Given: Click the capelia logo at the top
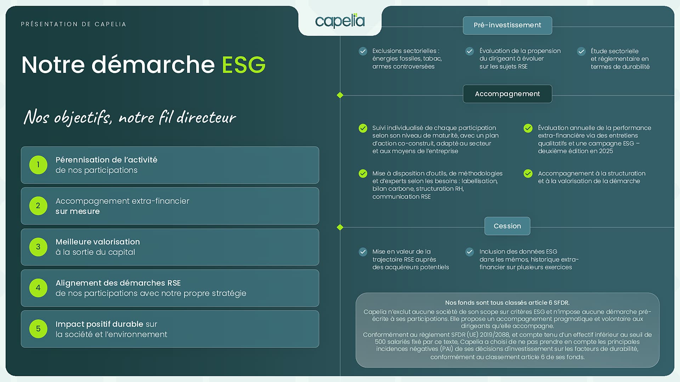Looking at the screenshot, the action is click(340, 21).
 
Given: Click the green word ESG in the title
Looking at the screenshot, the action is click(244, 65).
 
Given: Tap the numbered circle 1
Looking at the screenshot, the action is click(38, 165).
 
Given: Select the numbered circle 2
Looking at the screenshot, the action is click(38, 206).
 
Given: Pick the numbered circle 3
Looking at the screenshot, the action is click(38, 247).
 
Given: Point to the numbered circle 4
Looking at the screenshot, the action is click(38, 288).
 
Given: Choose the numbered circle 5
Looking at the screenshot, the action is click(38, 329).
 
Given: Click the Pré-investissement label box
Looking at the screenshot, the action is click(507, 25).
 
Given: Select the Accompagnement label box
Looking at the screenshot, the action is click(507, 94).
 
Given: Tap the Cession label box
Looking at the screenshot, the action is click(507, 226).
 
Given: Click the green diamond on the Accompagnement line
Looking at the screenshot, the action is click(340, 95).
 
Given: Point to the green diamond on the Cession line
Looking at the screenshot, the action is click(340, 227).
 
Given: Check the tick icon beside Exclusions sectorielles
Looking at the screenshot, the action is click(363, 51).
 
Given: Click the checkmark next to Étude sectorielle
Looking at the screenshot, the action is click(581, 52).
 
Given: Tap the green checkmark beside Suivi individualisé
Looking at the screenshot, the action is click(363, 128).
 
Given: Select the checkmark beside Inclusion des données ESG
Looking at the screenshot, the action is click(470, 252).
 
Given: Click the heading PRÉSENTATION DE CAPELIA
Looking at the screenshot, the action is click(73, 24).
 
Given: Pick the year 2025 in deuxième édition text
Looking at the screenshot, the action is click(606, 151).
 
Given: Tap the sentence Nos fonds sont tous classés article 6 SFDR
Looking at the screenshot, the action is click(507, 303).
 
